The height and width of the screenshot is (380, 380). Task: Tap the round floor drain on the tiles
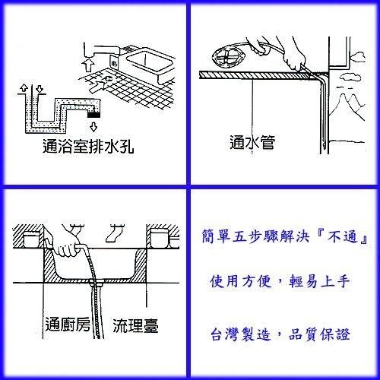107,79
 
